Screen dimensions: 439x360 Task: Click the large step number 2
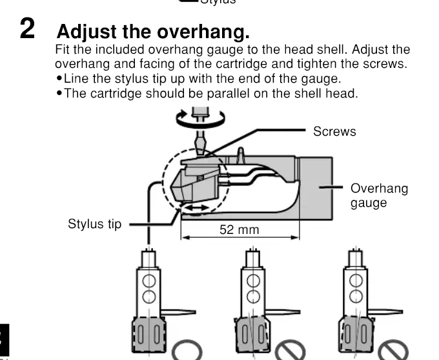(x=27, y=28)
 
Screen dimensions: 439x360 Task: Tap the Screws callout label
(x=334, y=131)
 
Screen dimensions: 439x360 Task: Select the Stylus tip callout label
(x=95, y=224)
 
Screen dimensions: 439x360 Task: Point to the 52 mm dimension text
(x=240, y=229)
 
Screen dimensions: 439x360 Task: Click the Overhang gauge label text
(x=379, y=195)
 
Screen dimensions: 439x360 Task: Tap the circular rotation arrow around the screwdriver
(x=201, y=119)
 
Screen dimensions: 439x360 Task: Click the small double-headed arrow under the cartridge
(x=197, y=208)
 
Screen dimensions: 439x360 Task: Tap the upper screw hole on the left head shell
(x=149, y=281)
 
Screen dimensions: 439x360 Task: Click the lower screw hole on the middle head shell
(x=253, y=297)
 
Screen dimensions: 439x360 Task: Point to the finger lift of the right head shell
(x=385, y=312)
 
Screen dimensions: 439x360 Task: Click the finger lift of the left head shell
(x=178, y=312)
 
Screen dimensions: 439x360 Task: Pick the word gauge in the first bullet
(x=321, y=79)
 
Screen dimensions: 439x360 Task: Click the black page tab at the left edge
(x=5, y=340)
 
